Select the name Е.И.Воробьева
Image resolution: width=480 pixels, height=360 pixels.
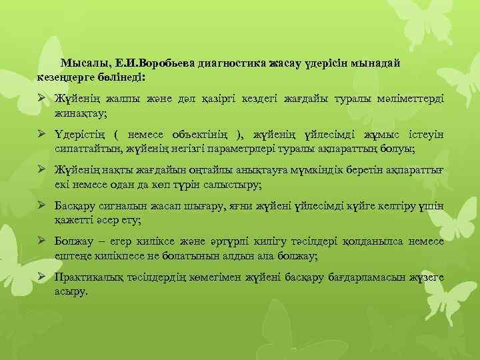pyautogui.click(x=147, y=63)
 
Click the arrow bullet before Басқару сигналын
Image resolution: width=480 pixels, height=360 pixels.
pyautogui.click(x=42, y=207)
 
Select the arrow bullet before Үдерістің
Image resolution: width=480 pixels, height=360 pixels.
pyautogui.click(x=42, y=135)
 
